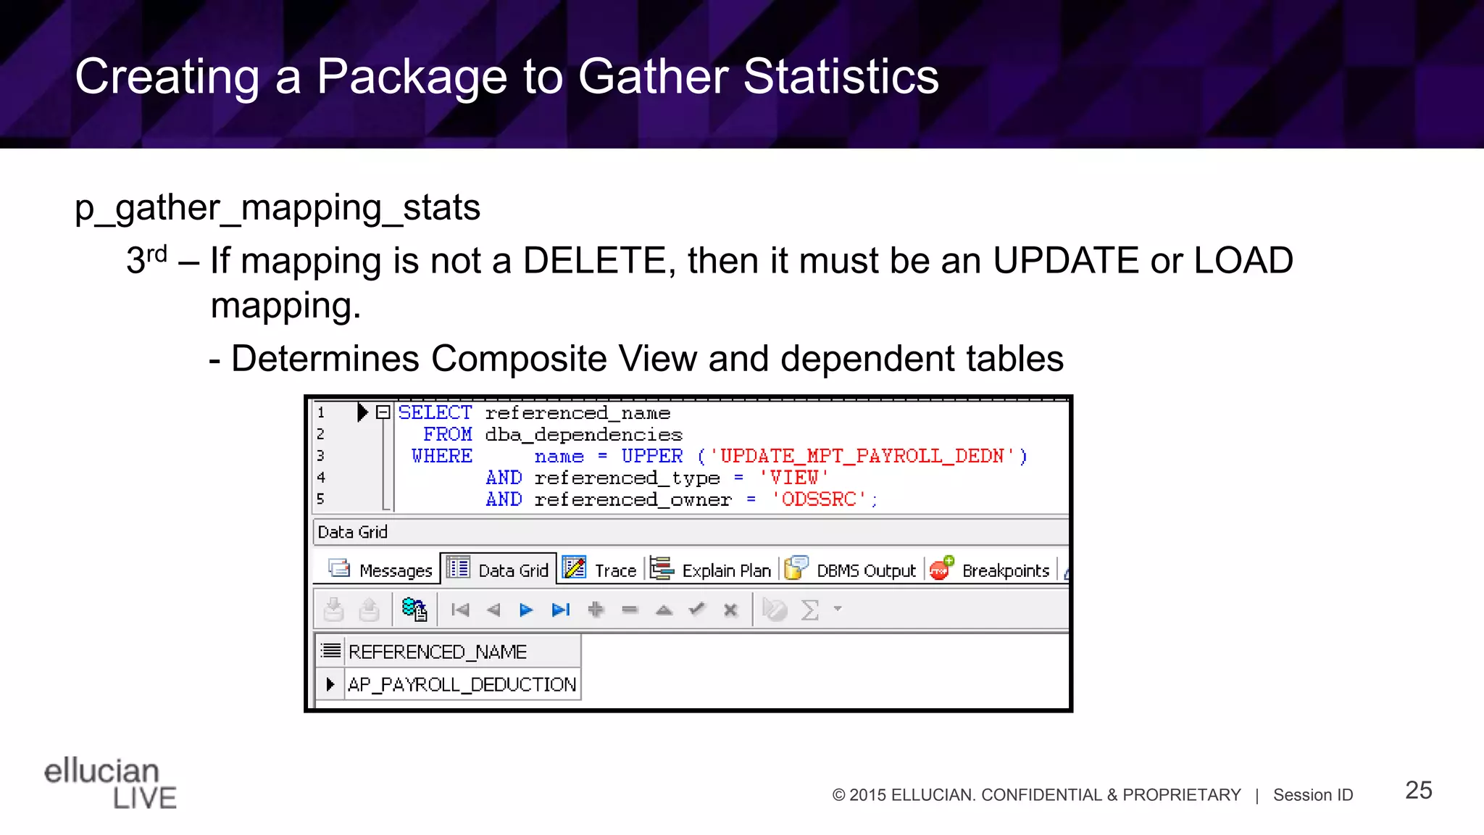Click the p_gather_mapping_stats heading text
coord(278,208)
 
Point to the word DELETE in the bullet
coord(594,261)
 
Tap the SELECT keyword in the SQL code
coord(435,413)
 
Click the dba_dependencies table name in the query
coord(583,435)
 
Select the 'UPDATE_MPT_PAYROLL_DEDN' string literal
coord(862,457)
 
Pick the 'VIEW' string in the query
coord(793,478)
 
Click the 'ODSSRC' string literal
coord(819,500)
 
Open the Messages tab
coord(381,570)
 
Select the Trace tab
coord(601,570)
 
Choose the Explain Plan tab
coord(712,570)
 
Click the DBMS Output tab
coord(852,570)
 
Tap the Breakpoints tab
coord(991,570)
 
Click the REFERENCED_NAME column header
coord(437,652)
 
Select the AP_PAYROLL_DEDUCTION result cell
coord(462,684)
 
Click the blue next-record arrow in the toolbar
coord(526,610)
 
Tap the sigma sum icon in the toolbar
coord(809,610)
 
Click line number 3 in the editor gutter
coord(320,456)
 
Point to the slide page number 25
coord(1418,790)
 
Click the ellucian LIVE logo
coord(110,783)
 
